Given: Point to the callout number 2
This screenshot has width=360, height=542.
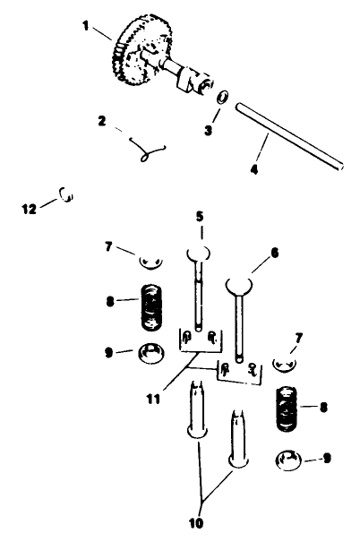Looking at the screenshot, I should point(102,119).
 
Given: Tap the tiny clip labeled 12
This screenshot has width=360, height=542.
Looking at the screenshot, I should point(65,192).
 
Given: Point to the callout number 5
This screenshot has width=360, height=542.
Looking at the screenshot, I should point(200,216).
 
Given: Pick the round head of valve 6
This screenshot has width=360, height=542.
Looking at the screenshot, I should point(240,285).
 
